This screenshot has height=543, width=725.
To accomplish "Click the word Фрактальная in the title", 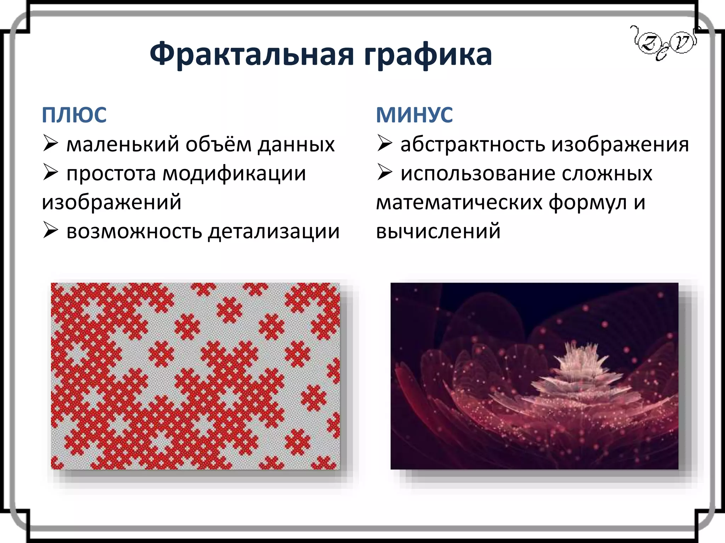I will point(252,54).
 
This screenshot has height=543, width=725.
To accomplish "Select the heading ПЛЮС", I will point(74,115).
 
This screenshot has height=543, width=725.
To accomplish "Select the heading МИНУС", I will point(414,115).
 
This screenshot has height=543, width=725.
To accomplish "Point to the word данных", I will point(296,145).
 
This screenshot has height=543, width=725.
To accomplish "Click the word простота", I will point(111,174).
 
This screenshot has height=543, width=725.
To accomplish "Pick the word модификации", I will point(234,174).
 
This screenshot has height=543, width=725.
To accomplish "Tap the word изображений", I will point(112,203).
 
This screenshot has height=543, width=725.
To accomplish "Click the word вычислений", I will point(438,232).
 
